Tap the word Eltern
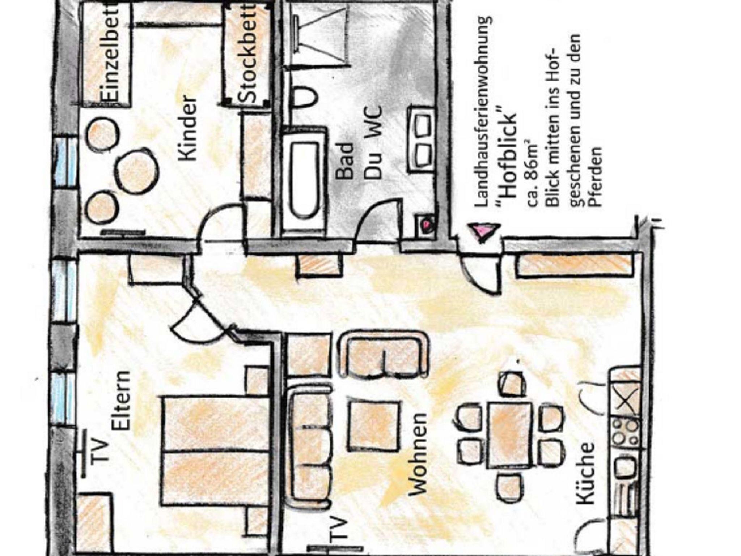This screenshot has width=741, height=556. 121,400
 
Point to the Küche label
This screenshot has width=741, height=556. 585,473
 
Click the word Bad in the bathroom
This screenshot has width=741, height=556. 346,161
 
